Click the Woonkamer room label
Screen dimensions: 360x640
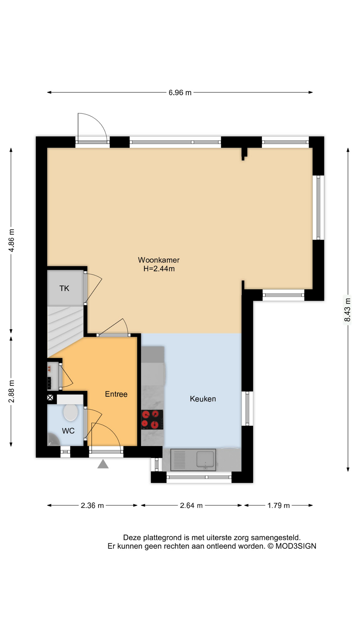tap(159, 260)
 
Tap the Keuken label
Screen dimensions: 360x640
tap(203, 399)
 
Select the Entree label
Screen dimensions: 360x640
tap(116, 394)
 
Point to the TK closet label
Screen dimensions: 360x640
tap(64, 288)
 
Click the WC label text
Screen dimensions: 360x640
tap(68, 431)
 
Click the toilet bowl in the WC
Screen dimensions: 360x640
tap(71, 413)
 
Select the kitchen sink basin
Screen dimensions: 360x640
tap(205, 459)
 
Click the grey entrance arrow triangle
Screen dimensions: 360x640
tap(103, 464)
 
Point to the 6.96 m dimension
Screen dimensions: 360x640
tap(180, 93)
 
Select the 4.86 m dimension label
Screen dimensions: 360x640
tap(11, 240)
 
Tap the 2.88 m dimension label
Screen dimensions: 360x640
tap(11, 391)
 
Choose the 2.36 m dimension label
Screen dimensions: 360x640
tap(92, 506)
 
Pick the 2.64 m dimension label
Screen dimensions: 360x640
tap(191, 506)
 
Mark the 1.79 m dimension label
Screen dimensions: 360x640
tap(279, 506)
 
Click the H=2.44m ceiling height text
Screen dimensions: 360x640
tap(159, 269)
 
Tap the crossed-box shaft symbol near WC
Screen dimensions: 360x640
tap(50, 397)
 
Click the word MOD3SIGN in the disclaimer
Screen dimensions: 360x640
tap(296, 546)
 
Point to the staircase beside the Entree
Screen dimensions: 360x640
tap(65, 330)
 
